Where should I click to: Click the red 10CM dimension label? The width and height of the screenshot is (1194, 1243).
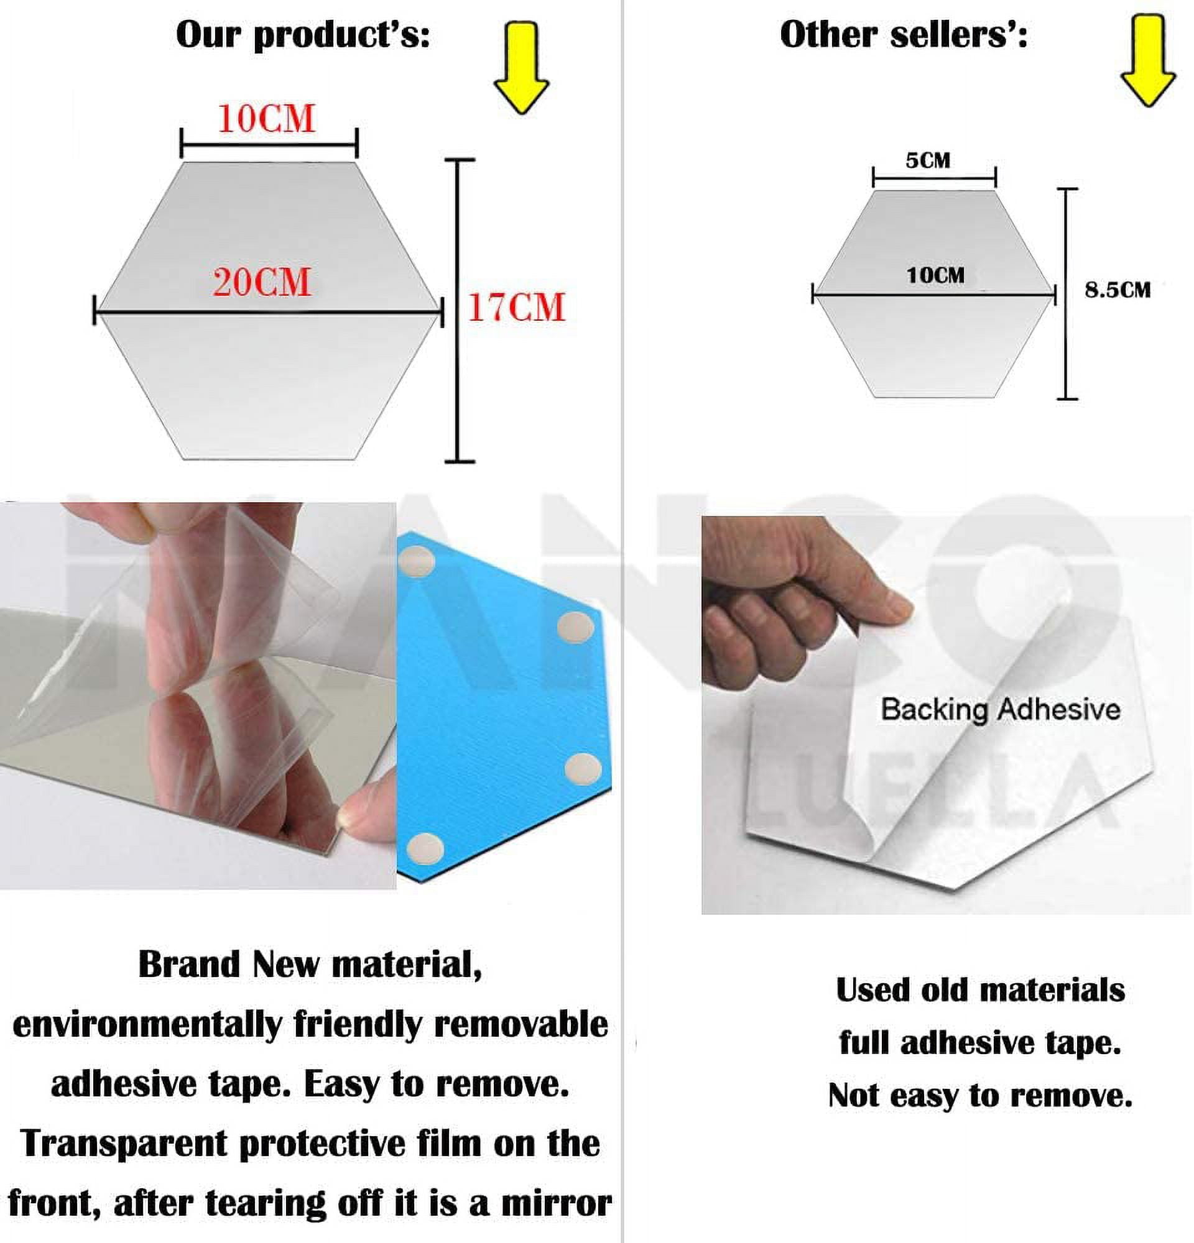pos(266,119)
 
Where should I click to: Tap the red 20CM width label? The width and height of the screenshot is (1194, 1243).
pos(262,283)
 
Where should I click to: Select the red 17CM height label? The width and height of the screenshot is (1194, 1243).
pos(516,308)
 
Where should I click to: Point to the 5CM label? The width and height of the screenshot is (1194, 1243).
pos(928,160)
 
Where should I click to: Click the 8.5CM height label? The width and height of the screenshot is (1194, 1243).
pos(1118,290)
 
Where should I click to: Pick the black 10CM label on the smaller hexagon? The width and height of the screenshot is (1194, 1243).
pos(935,275)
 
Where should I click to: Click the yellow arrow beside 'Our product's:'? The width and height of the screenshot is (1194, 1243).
pos(521,68)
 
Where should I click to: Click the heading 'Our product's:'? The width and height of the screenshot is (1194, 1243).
pos(303,35)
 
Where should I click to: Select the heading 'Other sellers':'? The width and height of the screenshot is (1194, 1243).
pos(904,35)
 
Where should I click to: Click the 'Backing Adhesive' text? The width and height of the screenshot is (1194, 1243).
pos(1001,709)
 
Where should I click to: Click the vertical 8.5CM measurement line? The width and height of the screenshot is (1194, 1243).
pos(1067,293)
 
